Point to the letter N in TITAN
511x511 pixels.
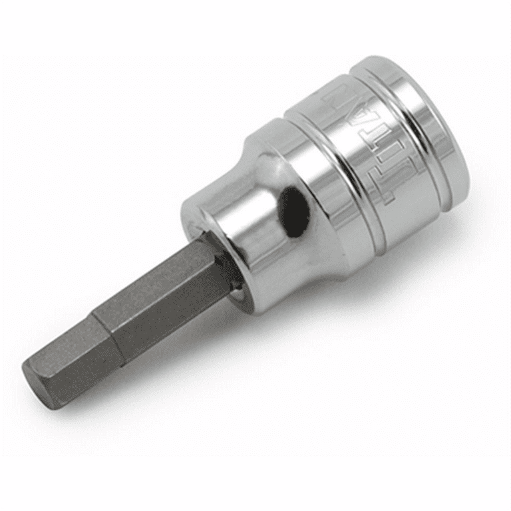coord(339,100)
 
